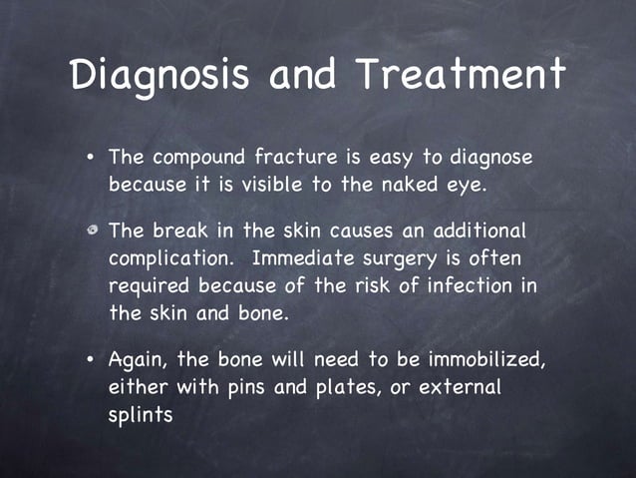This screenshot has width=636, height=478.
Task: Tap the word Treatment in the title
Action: pyautogui.click(x=462, y=75)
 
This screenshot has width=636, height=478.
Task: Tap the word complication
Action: pyautogui.click(x=170, y=258)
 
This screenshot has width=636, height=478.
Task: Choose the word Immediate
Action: pyautogui.click(x=305, y=257)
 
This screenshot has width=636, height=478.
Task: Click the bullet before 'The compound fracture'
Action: pyautogui.click(x=91, y=158)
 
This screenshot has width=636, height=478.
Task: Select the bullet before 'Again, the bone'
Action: pyautogui.click(x=91, y=358)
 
